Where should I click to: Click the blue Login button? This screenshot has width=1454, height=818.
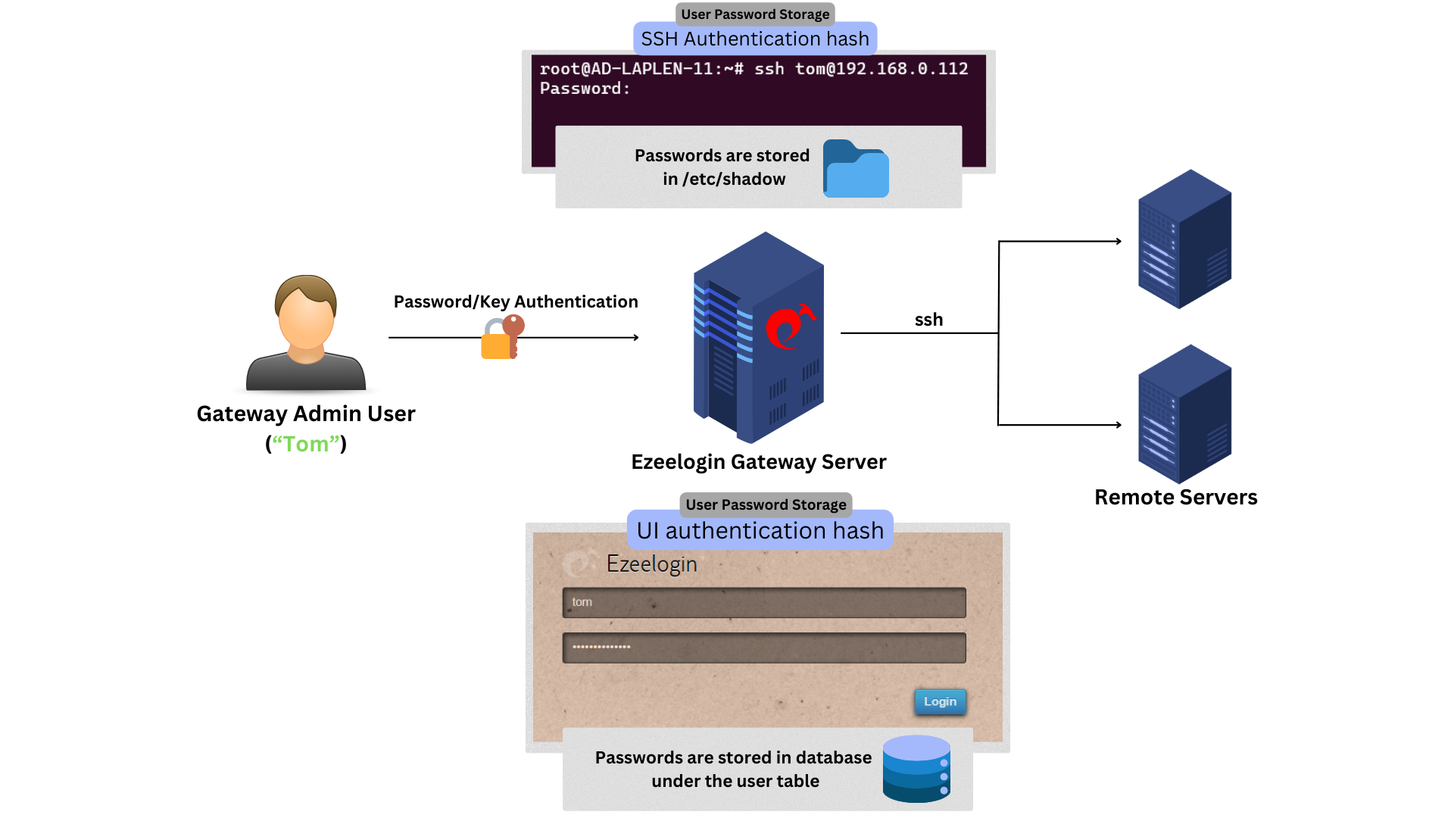click(x=940, y=701)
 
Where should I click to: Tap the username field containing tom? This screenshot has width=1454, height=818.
click(x=763, y=602)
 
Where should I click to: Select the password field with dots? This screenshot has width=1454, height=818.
click(x=763, y=648)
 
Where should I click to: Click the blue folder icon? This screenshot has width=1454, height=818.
click(x=856, y=170)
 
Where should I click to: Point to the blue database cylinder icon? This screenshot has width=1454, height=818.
click(x=916, y=769)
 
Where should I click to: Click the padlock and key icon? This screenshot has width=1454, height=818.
click(x=502, y=338)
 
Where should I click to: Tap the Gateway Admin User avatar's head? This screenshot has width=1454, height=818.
click(x=306, y=312)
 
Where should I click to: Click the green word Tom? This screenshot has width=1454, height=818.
click(x=306, y=444)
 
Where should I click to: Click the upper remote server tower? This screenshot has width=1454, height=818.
click(x=1184, y=239)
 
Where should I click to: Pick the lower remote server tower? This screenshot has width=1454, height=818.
click(x=1184, y=414)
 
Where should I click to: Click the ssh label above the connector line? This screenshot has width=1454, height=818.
click(x=928, y=320)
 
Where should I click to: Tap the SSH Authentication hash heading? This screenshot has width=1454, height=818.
click(x=755, y=39)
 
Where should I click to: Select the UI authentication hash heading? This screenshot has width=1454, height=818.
click(x=760, y=530)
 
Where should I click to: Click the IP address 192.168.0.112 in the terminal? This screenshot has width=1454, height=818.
click(x=901, y=69)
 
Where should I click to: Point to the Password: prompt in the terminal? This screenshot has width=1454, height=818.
click(x=585, y=89)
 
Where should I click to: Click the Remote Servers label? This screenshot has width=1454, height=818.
click(x=1175, y=498)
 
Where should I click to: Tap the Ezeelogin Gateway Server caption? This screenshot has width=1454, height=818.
click(x=758, y=462)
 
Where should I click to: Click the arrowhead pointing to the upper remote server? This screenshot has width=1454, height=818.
click(x=1118, y=242)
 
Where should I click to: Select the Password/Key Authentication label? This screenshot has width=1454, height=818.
click(x=516, y=301)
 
